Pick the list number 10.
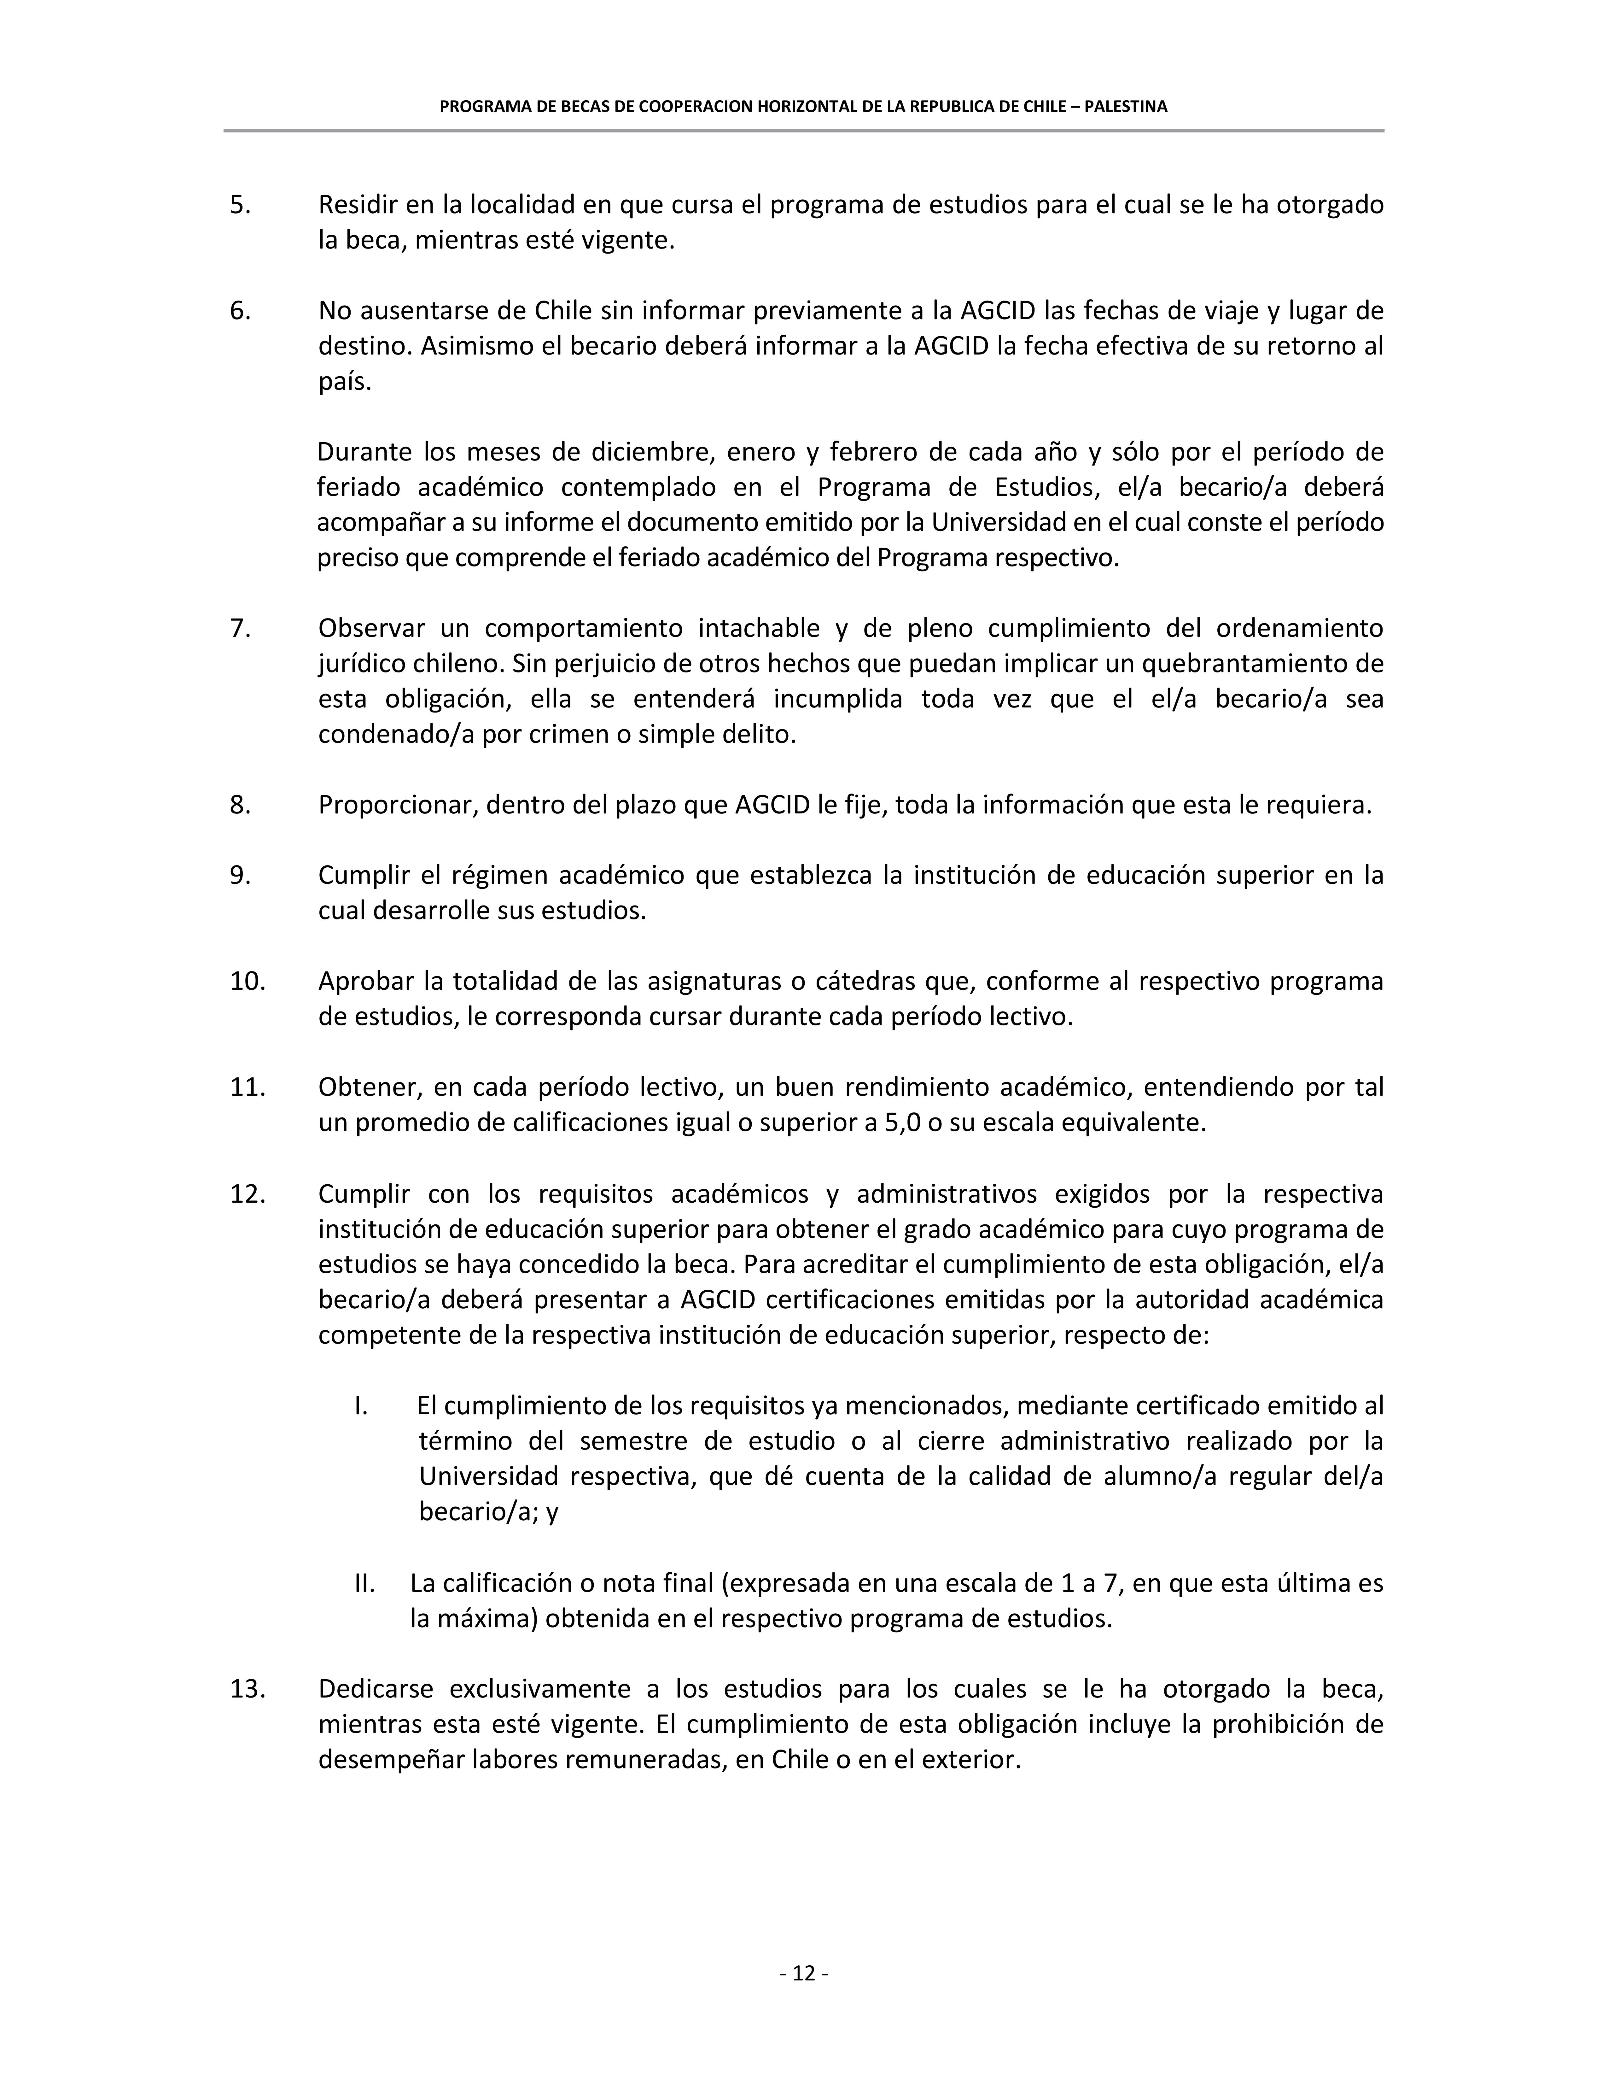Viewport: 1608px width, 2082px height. (247, 981)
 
